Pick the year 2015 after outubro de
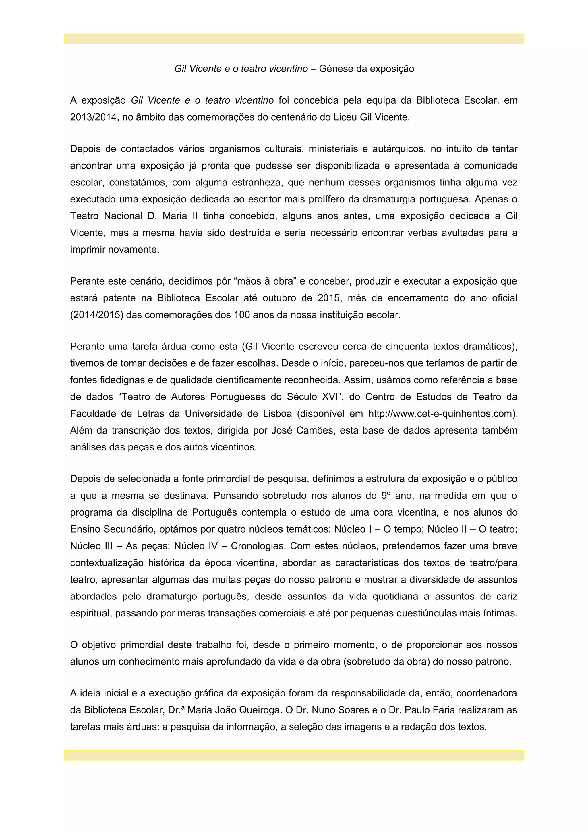(x=329, y=298)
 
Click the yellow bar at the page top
(x=294, y=39)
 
